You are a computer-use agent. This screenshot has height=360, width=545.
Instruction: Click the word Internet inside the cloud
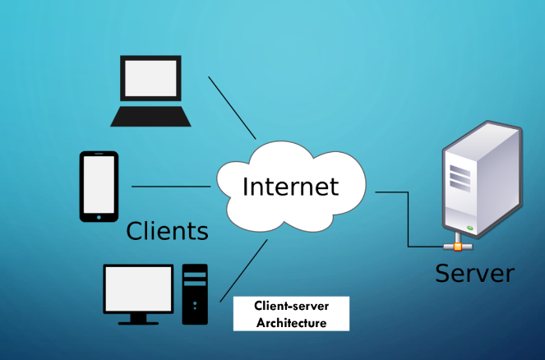290,186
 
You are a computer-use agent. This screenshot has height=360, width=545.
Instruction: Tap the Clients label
167,231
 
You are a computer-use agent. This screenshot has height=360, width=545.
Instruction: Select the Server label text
474,273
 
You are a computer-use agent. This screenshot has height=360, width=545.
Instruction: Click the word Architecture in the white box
291,323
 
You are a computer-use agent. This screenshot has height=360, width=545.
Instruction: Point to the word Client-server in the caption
291,307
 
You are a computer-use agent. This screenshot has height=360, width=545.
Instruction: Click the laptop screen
150,79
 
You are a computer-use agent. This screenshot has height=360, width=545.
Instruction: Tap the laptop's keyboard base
151,116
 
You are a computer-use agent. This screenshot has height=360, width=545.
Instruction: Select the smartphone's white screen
99,183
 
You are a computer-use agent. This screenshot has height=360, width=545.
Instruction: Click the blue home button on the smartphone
99,217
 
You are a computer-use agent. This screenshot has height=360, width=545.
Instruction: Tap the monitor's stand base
138,321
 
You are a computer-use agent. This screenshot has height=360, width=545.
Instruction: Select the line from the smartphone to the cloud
171,187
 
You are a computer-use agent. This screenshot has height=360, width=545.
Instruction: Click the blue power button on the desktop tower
196,303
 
